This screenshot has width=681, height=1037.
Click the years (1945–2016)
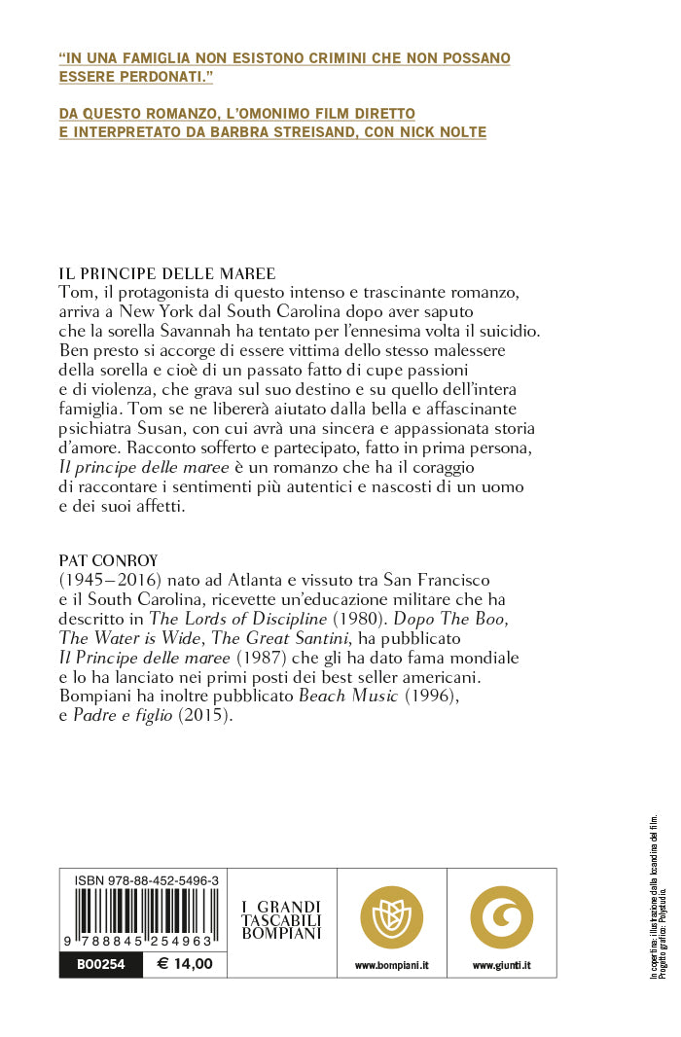pyautogui.click(x=110, y=580)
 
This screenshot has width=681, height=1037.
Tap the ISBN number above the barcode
pyautogui.click(x=146, y=880)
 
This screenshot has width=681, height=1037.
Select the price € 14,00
pyautogui.click(x=185, y=965)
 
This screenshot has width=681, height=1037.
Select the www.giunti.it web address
pyautogui.click(x=501, y=965)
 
